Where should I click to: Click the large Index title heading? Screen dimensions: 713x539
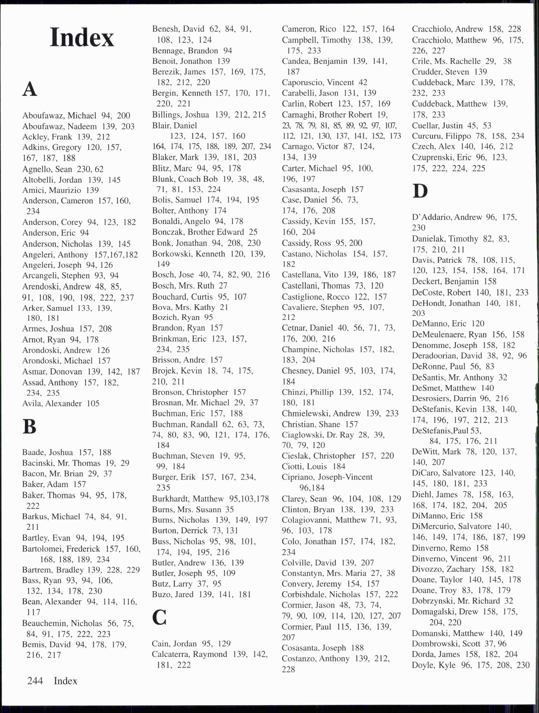(x=82, y=37)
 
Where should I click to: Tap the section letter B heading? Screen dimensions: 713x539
(x=29, y=427)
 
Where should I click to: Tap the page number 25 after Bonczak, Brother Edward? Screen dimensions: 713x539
(x=253, y=232)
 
